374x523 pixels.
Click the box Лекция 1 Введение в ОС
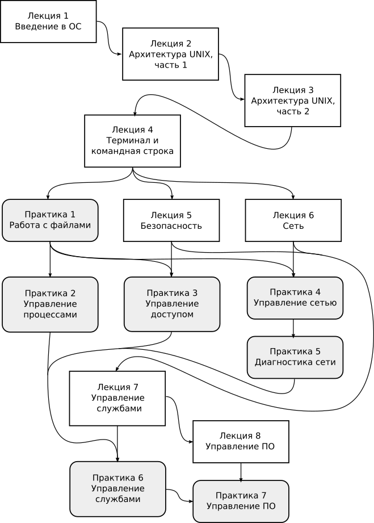pos(48,22)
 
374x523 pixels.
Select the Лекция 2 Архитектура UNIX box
pos(170,54)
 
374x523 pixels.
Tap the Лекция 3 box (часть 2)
pos(293,101)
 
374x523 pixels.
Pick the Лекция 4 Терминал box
pos(132,141)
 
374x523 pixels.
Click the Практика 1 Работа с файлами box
pos(50,220)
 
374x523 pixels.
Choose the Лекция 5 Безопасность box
pos(171,220)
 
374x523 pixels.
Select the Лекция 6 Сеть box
pos(293,220)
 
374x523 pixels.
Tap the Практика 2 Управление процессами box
pos(50,304)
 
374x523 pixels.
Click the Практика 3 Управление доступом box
pos(172,304)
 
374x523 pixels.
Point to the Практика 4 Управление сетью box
pos(295,298)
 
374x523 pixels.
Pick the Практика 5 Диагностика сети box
pos(295,357)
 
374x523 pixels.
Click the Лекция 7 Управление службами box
pos(117,398)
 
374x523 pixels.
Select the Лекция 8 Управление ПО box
pos(241,442)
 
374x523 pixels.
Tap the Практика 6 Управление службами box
pos(117,489)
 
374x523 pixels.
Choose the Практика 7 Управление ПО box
pos(241,501)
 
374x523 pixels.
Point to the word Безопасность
pos(171,226)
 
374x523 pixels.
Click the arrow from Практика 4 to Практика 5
pos(293,329)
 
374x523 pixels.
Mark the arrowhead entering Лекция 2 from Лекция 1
pos(120,53)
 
